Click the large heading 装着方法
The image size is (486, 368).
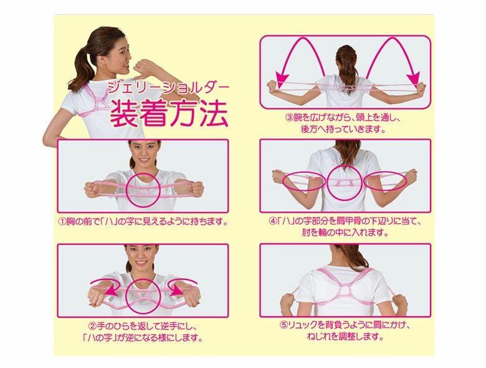point(169,114)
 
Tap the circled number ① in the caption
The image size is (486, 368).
point(62,221)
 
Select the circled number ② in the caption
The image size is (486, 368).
point(93,326)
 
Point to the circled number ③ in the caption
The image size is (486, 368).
point(289,118)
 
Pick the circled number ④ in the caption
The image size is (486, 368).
point(273,221)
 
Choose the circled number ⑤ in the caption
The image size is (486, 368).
point(283,325)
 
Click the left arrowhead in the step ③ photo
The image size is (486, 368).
point(282,80)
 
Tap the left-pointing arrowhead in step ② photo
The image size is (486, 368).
point(110,291)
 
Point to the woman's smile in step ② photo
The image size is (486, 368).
point(141,263)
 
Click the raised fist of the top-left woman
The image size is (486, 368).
point(146,65)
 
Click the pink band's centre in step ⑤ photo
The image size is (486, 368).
point(345,291)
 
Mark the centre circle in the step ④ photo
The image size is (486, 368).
point(344,183)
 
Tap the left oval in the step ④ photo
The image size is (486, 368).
point(304,181)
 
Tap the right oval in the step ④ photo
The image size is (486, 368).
point(385,181)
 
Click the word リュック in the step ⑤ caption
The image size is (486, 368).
point(303,325)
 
